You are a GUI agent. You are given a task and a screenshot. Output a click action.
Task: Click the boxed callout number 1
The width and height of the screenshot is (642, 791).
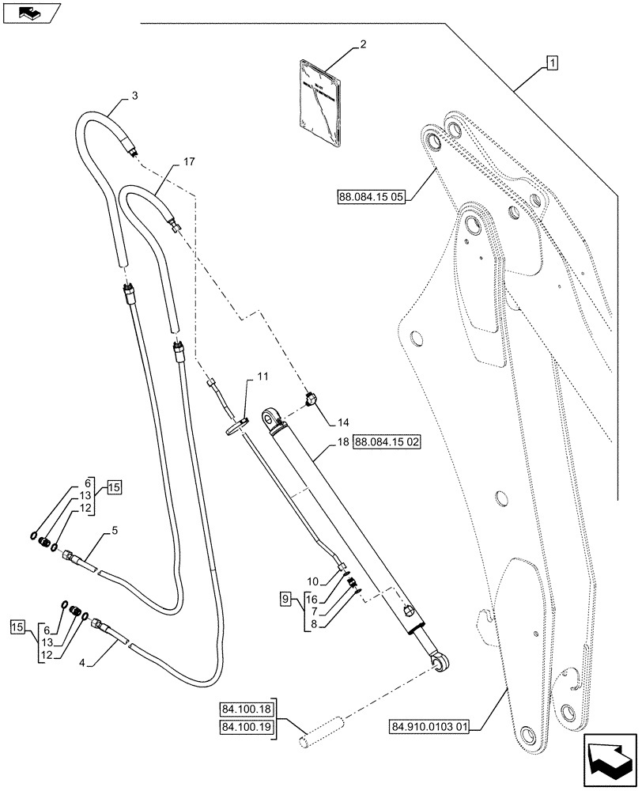(x=551, y=62)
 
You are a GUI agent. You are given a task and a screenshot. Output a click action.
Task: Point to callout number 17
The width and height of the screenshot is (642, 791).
(x=187, y=161)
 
